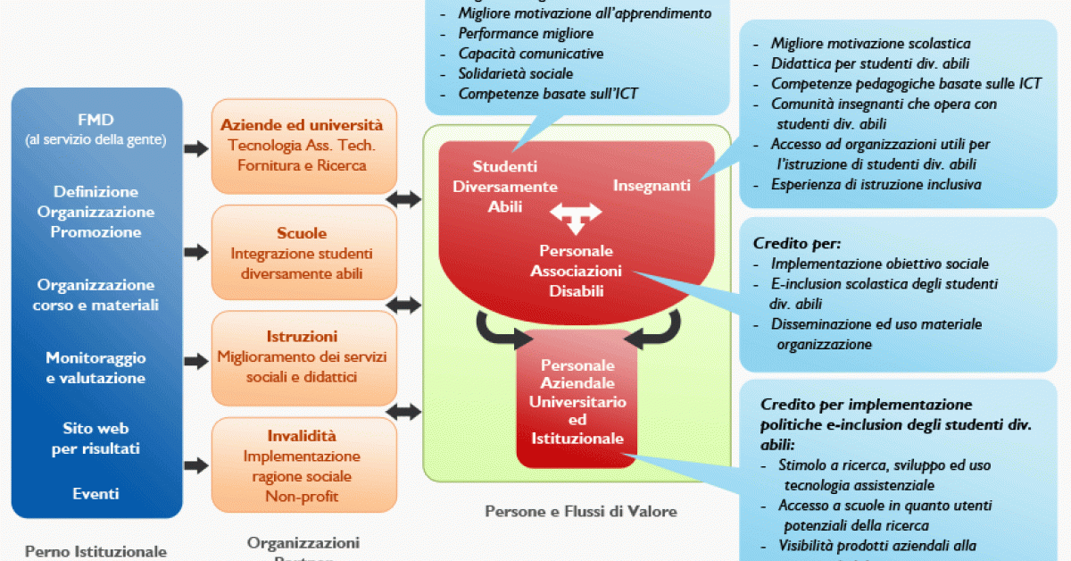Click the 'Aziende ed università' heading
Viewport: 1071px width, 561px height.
[x=302, y=125]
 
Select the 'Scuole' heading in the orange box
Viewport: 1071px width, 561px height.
[x=302, y=233]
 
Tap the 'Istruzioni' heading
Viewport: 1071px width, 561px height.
[x=302, y=337]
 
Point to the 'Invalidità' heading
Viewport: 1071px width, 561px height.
[x=302, y=436]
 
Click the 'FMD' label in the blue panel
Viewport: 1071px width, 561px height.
[x=96, y=119]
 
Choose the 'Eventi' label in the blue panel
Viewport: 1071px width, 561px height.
[x=96, y=493]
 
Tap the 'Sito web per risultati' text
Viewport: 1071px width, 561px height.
[x=96, y=438]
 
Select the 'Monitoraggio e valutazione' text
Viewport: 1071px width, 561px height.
[x=96, y=367]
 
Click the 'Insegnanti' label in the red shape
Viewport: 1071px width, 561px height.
[x=652, y=185]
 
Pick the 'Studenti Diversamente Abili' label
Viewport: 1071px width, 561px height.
[x=505, y=186]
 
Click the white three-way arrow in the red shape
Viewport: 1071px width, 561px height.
[x=576, y=215]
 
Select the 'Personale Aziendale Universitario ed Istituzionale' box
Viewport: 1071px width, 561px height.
[x=577, y=402]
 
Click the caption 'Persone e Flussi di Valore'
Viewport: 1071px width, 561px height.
[x=580, y=512]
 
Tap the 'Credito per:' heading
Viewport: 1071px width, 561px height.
[x=797, y=242]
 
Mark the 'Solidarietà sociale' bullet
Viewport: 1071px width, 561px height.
[x=516, y=73]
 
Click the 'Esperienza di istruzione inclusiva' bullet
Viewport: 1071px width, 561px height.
[x=876, y=185]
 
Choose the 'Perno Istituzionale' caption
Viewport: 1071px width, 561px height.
[x=95, y=551]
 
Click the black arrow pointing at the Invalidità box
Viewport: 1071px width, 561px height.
[x=195, y=465]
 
